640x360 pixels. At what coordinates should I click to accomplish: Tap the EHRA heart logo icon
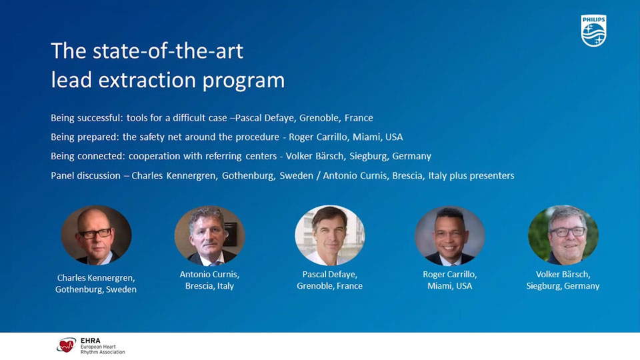66,345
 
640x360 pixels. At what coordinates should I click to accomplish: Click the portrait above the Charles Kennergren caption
96,235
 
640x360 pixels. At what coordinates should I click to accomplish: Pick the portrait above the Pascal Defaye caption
329,235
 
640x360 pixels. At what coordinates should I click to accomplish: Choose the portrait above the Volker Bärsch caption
563,235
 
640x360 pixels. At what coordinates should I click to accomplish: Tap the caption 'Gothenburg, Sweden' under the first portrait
96,289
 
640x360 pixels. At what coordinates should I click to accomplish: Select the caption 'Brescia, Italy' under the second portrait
209,286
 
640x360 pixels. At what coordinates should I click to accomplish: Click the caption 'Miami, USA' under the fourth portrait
449,286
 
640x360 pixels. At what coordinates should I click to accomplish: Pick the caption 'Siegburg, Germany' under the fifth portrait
563,286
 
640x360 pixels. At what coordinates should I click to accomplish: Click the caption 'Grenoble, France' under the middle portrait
329,286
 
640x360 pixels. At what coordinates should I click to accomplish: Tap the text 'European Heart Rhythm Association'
101,349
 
